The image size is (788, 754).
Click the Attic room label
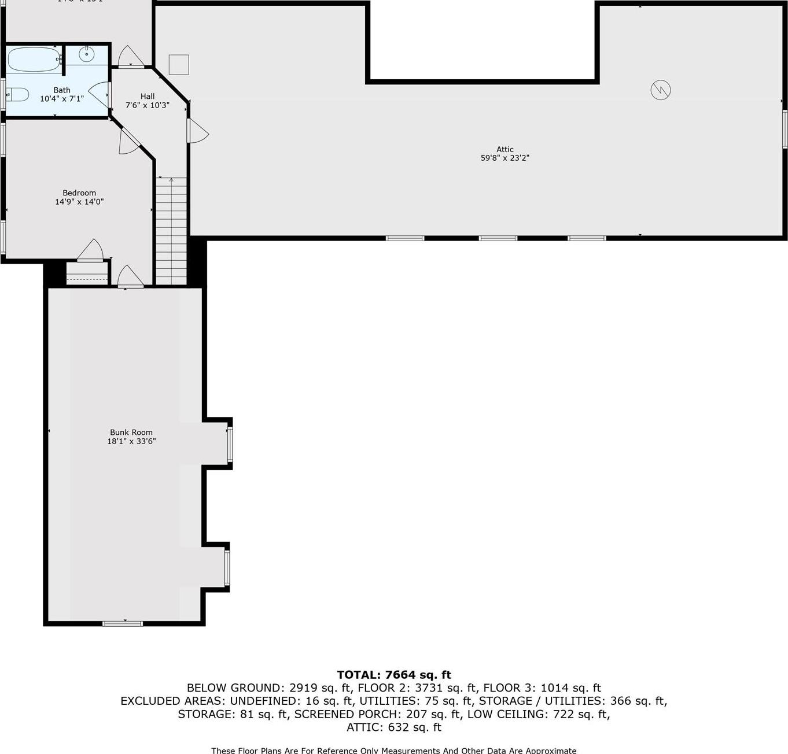point(505,149)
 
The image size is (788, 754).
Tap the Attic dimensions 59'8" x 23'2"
point(505,158)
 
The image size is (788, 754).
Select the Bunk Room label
point(131,432)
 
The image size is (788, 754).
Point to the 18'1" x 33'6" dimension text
point(131,441)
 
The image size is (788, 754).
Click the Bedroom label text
point(79,193)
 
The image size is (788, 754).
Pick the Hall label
point(148,96)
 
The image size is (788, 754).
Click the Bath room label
point(62,90)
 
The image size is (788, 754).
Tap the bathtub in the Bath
point(34,59)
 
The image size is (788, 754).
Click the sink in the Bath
point(86,55)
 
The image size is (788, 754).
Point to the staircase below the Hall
point(171,231)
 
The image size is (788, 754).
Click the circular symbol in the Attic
point(660,90)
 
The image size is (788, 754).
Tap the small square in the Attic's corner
point(179,64)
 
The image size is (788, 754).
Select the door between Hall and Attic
point(197,131)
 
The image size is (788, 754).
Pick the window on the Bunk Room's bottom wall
point(123,623)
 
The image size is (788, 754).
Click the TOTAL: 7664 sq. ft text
point(394,675)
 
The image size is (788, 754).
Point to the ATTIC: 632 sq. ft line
point(394,727)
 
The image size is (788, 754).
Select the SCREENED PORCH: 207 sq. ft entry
point(377,714)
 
